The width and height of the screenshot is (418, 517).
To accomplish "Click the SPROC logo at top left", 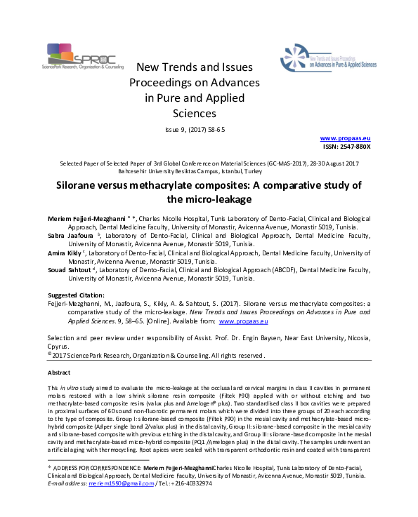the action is [78, 55].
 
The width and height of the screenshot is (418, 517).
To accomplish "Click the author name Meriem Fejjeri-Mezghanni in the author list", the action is [87, 218].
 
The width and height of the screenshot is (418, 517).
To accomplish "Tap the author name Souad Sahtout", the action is [72, 269].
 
